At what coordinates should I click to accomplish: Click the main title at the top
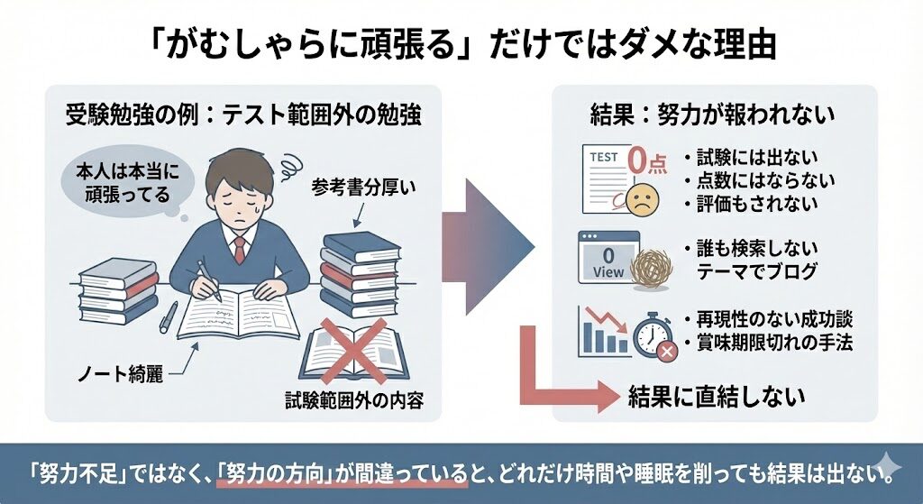tap(461, 43)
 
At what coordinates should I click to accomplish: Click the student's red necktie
tap(239, 248)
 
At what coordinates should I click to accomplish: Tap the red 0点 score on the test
tap(642, 163)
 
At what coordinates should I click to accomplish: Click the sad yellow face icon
tap(644, 199)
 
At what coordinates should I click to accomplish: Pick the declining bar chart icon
tap(603, 330)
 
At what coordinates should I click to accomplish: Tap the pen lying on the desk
tap(169, 316)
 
